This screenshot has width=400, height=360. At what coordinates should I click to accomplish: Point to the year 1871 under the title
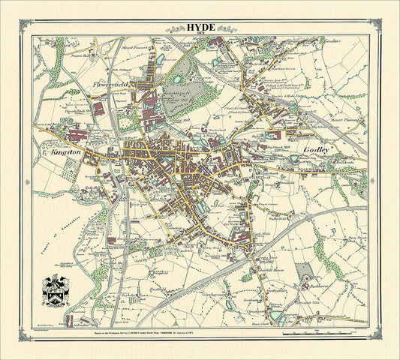coord(200,34)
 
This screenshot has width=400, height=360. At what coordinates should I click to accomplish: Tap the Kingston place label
coord(66,152)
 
